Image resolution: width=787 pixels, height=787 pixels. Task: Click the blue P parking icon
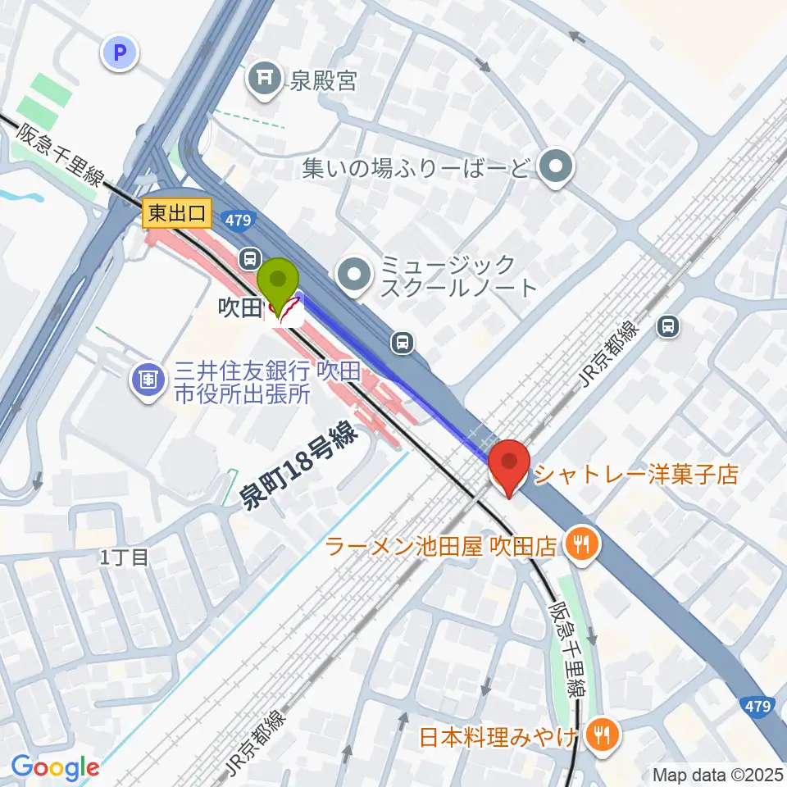pyautogui.click(x=120, y=55)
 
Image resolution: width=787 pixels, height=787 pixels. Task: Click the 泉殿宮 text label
pyautogui.click(x=321, y=80)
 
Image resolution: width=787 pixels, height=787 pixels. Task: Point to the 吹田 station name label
pyautogui.click(x=239, y=308)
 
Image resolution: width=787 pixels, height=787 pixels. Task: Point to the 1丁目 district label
pyautogui.click(x=125, y=558)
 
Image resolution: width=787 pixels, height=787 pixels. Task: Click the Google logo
pyautogui.click(x=55, y=767)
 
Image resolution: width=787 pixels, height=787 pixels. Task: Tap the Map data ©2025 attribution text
pyautogui.click(x=716, y=774)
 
